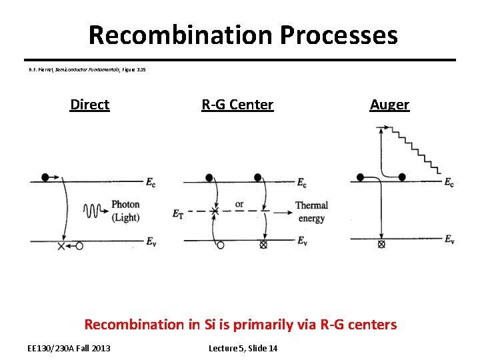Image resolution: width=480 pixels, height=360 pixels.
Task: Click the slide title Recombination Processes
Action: point(243,35)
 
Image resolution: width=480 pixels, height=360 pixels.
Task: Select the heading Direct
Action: point(89,105)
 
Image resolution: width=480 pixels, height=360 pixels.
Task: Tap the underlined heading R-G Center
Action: point(237,105)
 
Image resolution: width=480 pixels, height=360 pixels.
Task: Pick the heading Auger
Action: point(389,105)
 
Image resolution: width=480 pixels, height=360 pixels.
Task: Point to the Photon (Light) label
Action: point(125,211)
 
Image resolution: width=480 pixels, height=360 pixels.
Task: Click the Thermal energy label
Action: point(311,211)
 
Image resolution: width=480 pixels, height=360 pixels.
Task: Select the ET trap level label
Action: point(177,213)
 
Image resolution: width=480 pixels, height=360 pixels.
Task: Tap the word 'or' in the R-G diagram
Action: point(239,204)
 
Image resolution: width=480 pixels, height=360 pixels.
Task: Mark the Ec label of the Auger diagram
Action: point(449,183)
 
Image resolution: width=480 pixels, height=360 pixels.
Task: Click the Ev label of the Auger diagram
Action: point(449,240)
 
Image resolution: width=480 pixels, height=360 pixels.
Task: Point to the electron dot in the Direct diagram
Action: point(45,177)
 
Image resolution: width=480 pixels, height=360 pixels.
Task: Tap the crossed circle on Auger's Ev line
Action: point(381,245)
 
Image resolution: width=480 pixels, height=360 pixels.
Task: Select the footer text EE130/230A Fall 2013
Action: point(69,348)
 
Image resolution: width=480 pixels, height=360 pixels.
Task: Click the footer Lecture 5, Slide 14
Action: point(243,348)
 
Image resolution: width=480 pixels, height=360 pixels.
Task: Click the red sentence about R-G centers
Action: point(240,325)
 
